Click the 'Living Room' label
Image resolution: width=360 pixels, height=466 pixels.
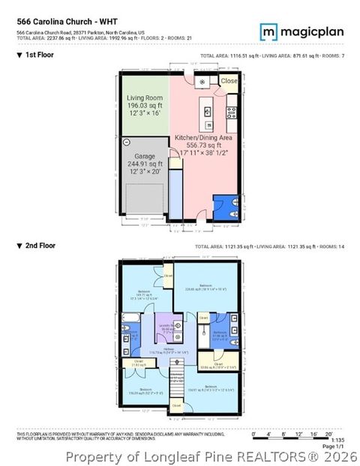145,98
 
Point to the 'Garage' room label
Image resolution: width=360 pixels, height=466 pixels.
145,156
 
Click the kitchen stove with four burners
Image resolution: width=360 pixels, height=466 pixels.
232,113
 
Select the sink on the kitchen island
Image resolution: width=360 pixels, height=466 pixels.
206,110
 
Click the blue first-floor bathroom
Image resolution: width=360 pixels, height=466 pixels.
225,206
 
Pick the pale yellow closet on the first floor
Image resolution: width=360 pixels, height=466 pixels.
229,81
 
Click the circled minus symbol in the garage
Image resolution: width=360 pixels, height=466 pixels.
127,142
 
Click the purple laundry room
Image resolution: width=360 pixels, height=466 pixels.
166,330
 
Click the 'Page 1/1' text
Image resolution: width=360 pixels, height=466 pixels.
331,447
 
